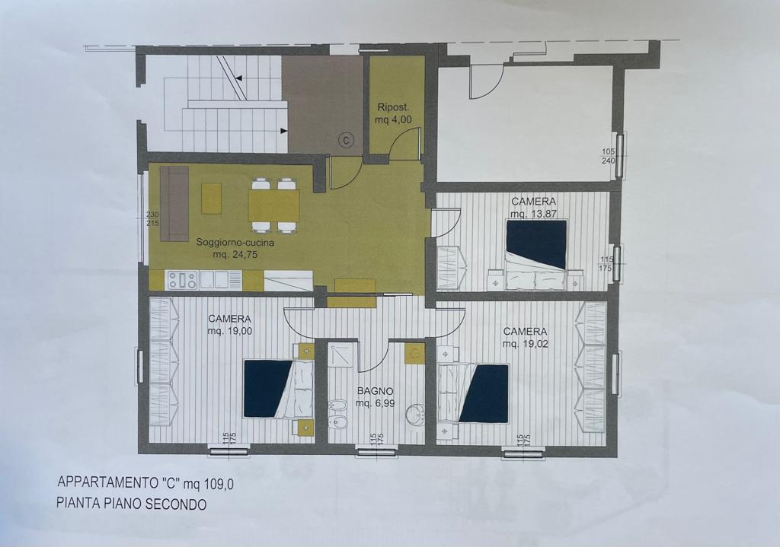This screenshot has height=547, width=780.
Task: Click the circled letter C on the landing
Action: coord(347,141)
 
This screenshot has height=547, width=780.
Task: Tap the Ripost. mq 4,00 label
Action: coord(394,113)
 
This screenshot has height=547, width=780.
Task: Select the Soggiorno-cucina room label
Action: coord(235,249)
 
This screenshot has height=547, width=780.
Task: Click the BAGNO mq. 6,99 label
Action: coord(375,397)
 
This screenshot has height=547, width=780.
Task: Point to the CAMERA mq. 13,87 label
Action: coord(534,207)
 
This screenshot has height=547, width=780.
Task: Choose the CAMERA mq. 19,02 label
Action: coord(526,337)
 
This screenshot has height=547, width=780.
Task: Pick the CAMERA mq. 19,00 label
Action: coord(230,324)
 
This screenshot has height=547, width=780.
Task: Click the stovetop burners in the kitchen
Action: coord(182,280)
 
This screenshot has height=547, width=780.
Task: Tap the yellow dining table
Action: coord(274,205)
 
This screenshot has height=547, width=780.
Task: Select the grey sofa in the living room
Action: coord(174,204)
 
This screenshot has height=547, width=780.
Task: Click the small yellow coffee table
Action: coord(212,199)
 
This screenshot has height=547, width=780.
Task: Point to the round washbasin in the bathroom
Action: coord(414,414)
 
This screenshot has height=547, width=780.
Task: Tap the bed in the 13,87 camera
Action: coord(536,255)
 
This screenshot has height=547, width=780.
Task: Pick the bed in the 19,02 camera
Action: coord(473,393)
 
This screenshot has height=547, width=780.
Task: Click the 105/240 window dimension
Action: coord(609,156)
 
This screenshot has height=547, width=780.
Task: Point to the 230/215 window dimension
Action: coord(152,218)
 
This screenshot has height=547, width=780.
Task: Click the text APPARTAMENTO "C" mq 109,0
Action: coord(145,483)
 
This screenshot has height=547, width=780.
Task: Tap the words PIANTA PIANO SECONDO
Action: coord(131,504)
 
